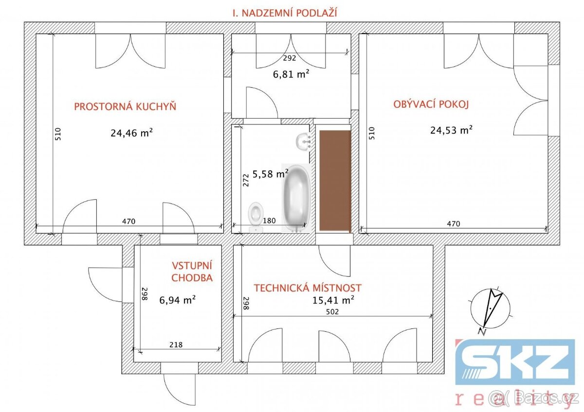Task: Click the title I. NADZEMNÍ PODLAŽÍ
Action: (285, 13)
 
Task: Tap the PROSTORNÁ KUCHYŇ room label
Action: (125, 106)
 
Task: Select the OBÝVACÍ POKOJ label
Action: (431, 104)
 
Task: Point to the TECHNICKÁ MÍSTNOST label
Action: (308, 288)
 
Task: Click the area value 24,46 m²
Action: (131, 133)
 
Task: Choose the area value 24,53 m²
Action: (451, 130)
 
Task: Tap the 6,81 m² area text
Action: (291, 74)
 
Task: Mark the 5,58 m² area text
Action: (270, 173)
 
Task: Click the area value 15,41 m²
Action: (333, 300)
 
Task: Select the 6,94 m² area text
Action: (177, 300)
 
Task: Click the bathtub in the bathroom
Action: (297, 198)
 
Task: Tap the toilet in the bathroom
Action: (255, 217)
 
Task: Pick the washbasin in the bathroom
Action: (303, 141)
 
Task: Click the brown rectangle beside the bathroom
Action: (335, 181)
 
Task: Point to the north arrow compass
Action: (490, 309)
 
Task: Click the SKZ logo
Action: (515, 362)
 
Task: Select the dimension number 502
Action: (332, 312)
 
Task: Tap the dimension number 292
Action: (290, 58)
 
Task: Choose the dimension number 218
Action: (176, 345)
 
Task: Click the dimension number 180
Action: (269, 221)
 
